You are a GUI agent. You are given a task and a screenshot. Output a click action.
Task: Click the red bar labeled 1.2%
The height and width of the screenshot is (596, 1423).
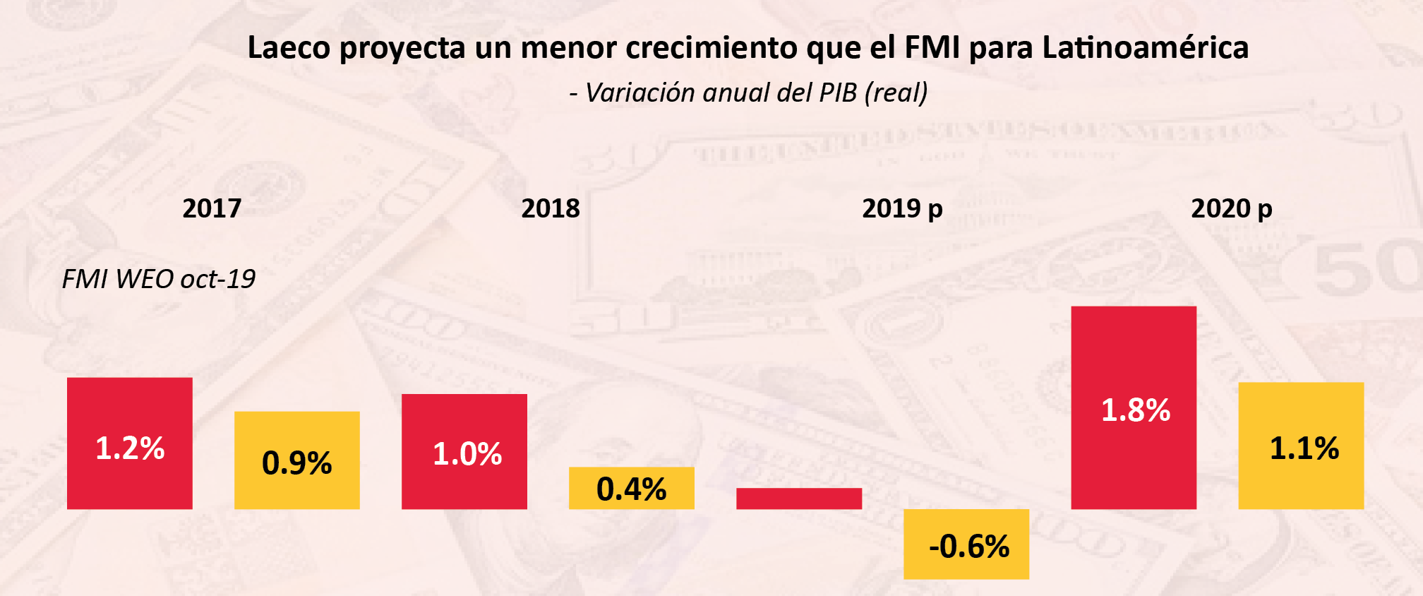coord(130,443)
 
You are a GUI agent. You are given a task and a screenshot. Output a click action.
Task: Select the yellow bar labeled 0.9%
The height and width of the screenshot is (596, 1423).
coord(297,460)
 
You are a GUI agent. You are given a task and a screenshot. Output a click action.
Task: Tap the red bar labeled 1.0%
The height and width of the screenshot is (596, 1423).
coord(464,451)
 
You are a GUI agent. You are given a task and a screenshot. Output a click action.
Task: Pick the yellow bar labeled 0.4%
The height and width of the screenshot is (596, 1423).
coord(632,488)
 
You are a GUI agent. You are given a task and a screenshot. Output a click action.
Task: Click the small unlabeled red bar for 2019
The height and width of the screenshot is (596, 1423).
coord(799,499)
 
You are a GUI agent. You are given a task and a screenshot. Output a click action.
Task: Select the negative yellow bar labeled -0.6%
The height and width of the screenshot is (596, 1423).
coord(966,544)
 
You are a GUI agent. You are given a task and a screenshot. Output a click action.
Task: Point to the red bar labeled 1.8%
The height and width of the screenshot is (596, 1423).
coord(1134,407)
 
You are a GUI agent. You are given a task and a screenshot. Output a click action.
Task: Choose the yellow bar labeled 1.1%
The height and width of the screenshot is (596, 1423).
coord(1301,446)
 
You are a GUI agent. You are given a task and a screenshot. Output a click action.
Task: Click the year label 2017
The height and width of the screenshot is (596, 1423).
coord(212,208)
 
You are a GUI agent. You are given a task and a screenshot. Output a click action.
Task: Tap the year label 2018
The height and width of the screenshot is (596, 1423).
coord(551,208)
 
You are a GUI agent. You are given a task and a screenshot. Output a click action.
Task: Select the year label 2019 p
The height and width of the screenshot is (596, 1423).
coord(902,208)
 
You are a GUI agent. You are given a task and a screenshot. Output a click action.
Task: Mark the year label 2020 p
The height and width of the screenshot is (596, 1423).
coord(1232,208)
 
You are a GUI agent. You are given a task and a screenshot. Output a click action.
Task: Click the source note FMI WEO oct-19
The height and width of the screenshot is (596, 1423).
coord(159,279)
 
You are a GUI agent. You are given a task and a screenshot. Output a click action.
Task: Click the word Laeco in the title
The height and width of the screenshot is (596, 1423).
coord(289,48)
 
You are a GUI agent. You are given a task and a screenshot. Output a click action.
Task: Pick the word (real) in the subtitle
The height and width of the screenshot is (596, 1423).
coord(896,93)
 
